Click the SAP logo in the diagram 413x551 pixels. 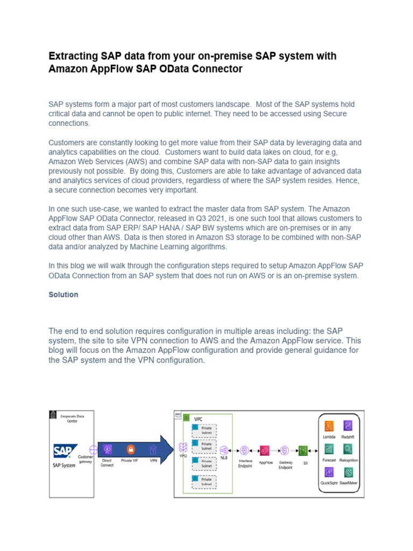point(65,450)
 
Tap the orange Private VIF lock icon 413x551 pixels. point(130,449)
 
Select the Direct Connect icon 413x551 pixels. point(108,449)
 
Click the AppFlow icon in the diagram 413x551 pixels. point(265,450)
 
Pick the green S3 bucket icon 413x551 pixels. point(303,450)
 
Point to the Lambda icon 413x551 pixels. point(329,425)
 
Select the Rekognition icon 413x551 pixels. point(348,449)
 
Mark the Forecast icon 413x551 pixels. point(329,449)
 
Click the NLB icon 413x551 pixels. point(224,449)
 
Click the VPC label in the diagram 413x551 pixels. point(198,419)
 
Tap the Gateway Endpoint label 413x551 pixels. point(285,465)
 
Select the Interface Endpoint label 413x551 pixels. point(245,464)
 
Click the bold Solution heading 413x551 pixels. point(63,295)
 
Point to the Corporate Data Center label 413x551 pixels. point(76,419)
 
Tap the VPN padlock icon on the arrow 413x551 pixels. point(153,449)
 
